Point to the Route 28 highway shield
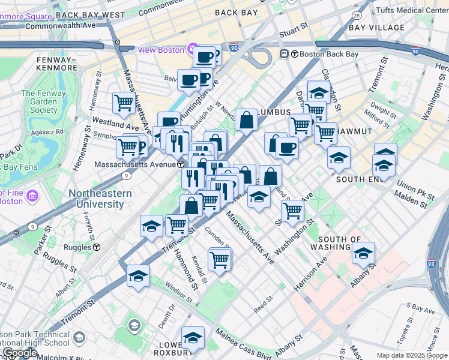click(x=357, y=15)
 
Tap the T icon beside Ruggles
click(x=96, y=247)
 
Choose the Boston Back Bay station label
click(x=324, y=54)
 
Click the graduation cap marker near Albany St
click(x=363, y=254)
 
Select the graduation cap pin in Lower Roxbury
click(x=193, y=338)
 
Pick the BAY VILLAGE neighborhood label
click(x=377, y=28)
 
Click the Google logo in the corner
click(x=20, y=352)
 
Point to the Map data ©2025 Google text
click(x=411, y=355)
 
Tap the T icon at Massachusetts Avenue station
click(x=180, y=164)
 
